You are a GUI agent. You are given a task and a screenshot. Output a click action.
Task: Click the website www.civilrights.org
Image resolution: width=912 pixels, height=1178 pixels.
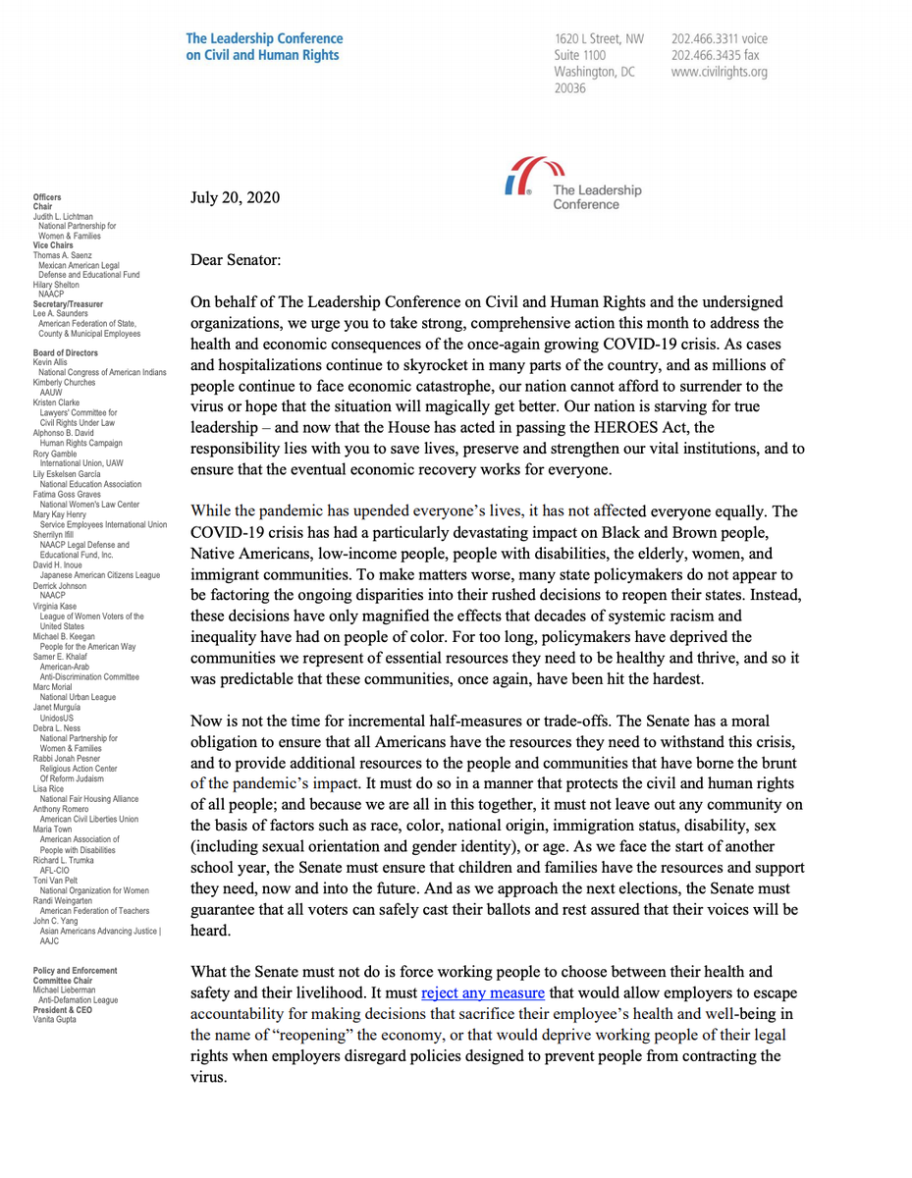720,72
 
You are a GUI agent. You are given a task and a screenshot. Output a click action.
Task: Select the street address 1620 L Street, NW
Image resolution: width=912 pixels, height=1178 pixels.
601,39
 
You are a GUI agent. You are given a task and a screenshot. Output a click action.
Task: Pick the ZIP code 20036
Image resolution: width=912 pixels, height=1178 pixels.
571,88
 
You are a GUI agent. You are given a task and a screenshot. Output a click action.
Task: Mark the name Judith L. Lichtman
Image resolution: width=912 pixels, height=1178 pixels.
63,216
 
